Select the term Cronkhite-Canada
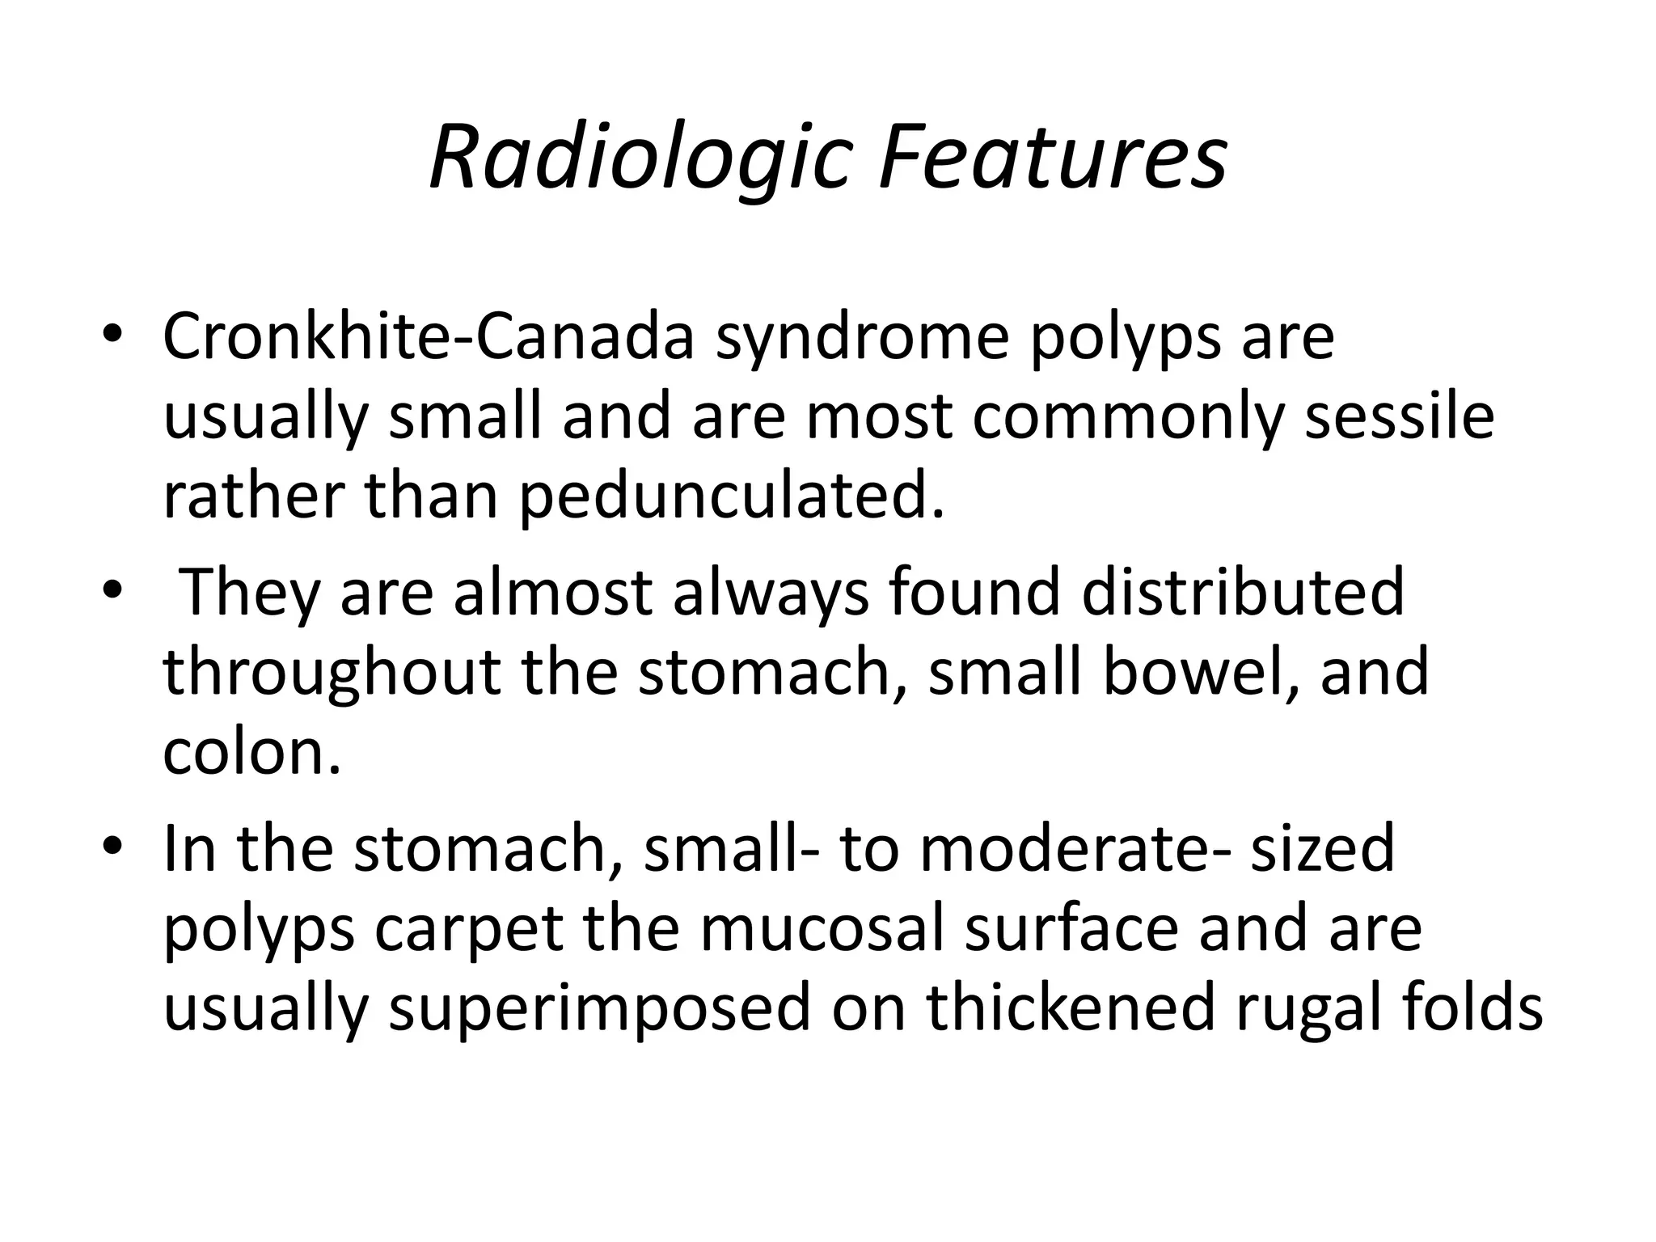click(429, 336)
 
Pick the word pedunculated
click(732, 497)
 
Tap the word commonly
click(1128, 419)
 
